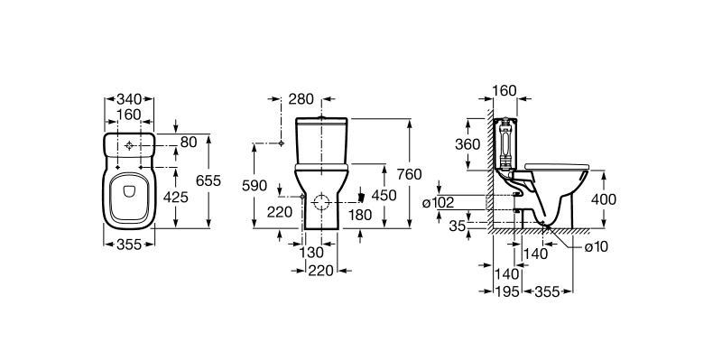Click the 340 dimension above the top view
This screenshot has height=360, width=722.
click(129, 99)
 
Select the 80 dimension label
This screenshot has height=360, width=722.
click(189, 142)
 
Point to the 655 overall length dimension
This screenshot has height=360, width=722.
click(208, 181)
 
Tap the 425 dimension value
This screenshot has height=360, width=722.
click(176, 197)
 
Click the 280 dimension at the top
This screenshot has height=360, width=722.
click(301, 99)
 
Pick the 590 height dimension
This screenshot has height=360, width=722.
click(255, 186)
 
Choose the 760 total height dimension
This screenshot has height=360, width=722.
click(409, 174)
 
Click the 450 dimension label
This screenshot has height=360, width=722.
click(384, 196)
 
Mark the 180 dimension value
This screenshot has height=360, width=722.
click(360, 215)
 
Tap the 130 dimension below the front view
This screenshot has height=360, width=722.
click(311, 253)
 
